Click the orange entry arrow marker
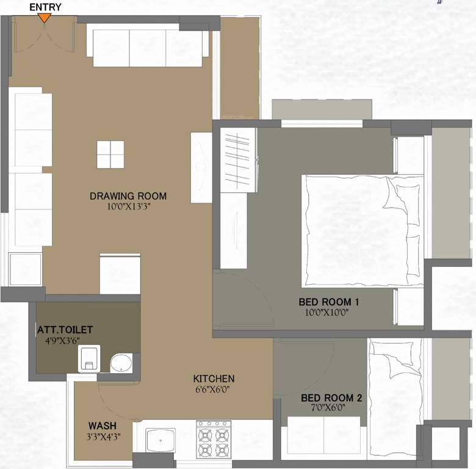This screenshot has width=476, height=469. point(45,18)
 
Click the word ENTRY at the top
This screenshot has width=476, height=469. point(45,7)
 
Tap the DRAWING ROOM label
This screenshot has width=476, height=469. point(128,196)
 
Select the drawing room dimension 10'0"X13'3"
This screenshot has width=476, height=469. point(128,206)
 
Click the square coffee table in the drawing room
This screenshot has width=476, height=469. point(110,155)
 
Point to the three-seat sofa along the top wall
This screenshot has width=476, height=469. point(148,47)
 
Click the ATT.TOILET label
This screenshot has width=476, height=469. point(64,330)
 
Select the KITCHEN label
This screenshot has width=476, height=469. point(214,379)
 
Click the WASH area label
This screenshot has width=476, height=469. point(102,426)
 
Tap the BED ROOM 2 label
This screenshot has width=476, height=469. point(331,398)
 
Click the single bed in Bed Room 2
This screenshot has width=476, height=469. point(395,397)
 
